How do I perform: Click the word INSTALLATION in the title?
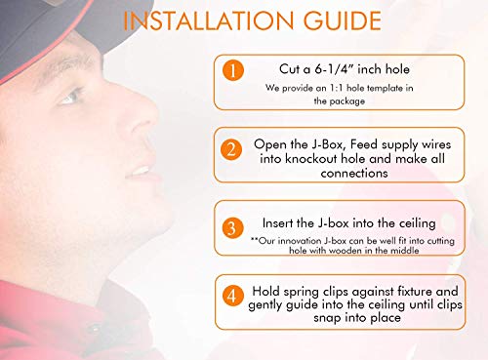pos(209,20)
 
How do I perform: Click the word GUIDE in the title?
pos(343,20)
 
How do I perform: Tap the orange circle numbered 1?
pos(233,70)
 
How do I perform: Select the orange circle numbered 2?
pos(231,149)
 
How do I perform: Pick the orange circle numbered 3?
pos(232,227)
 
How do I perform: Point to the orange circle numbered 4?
pos(232,296)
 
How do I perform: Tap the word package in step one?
pos(346,101)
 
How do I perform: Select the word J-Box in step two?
pos(326,144)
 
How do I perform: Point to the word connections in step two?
pos(354,173)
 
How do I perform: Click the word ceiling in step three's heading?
pos(417,223)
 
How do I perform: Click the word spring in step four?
pos(301,293)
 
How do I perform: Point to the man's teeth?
pos(141,170)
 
